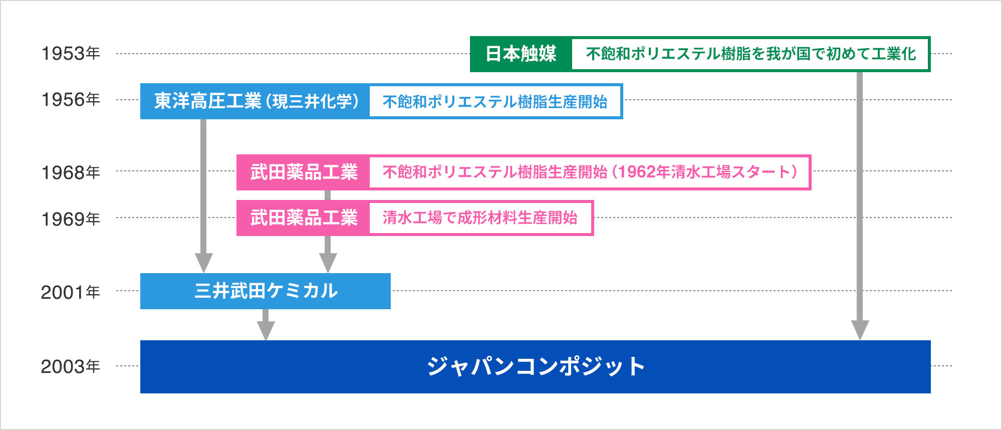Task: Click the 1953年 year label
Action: coord(71,54)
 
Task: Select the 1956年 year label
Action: coord(71,100)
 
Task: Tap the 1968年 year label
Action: coord(71,173)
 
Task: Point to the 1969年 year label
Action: coord(71,219)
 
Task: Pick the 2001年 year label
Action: coord(71,292)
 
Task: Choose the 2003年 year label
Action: coord(71,366)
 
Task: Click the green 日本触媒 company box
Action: coord(521,54)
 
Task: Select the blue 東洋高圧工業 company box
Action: coord(256,101)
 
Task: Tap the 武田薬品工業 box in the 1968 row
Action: coord(304,172)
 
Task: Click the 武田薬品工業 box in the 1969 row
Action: coord(304,218)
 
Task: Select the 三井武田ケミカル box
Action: coord(266,291)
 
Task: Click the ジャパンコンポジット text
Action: coord(536,366)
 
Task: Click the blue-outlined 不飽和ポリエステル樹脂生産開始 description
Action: coord(495,102)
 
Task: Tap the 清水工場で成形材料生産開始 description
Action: coord(480,218)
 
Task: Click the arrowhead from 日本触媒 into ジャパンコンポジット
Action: coord(860,330)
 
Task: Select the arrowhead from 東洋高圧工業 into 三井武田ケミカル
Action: coord(203,263)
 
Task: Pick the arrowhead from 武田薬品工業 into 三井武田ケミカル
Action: coord(328,263)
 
